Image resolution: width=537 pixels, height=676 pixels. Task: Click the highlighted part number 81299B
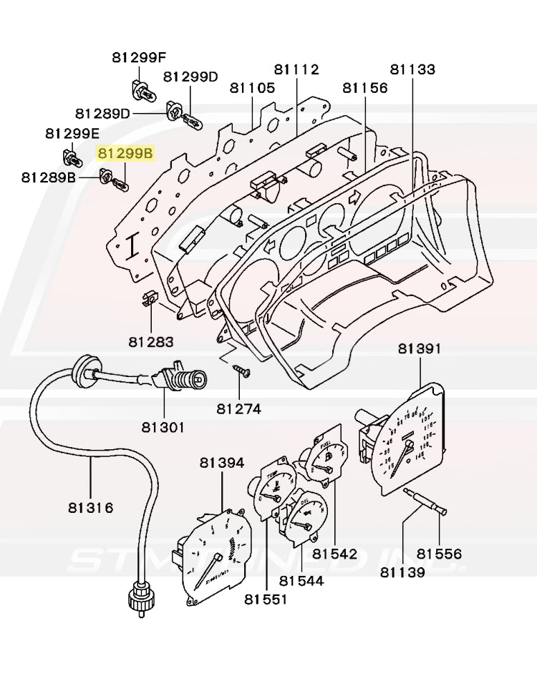click(125, 153)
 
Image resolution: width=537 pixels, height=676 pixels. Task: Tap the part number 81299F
click(139, 58)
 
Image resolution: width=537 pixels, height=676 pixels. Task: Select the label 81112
click(296, 69)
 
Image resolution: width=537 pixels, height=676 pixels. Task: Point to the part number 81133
click(412, 69)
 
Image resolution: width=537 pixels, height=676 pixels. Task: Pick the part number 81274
click(239, 409)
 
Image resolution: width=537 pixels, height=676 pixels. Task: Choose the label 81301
click(163, 427)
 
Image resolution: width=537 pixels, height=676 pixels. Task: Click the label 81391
click(420, 348)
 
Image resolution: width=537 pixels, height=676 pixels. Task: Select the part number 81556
click(440, 554)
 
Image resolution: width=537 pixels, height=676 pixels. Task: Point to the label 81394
click(222, 464)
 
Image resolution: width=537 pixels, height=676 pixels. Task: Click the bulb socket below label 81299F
click(140, 90)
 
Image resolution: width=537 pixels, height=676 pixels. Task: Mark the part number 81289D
click(103, 113)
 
